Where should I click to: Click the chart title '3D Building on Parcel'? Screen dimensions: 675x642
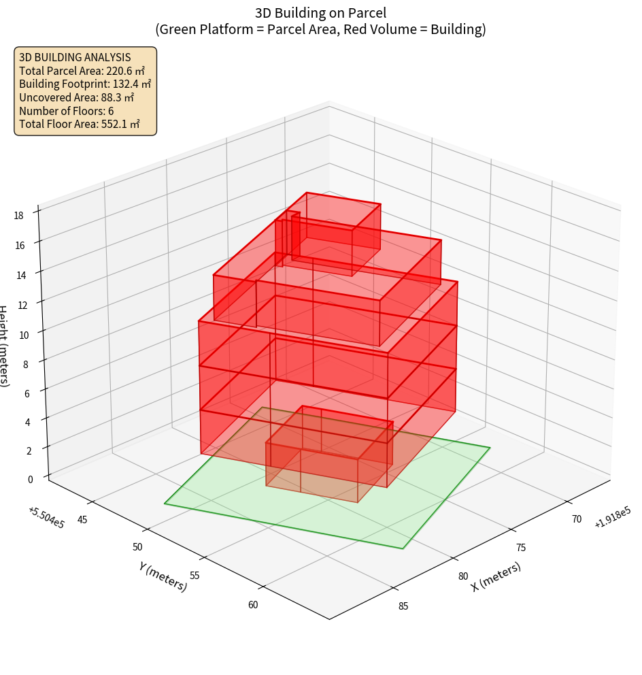(x=320, y=12)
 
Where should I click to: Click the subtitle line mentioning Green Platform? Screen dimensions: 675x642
(x=320, y=29)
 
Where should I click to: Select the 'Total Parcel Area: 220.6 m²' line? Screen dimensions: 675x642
(x=82, y=71)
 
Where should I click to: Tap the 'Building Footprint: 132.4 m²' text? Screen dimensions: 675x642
(x=85, y=84)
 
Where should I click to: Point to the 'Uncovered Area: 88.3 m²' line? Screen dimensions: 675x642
(x=76, y=97)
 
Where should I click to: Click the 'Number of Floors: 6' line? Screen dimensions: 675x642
(x=67, y=111)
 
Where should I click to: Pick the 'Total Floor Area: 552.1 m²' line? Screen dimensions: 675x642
(x=80, y=124)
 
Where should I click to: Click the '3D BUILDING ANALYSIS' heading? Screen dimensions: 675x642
(x=75, y=57)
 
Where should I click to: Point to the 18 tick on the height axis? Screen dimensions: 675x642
(x=18, y=216)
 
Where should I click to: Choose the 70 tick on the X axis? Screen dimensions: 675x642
(x=576, y=519)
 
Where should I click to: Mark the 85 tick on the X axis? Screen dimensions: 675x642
(x=403, y=606)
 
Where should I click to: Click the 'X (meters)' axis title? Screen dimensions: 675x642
(x=496, y=576)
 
